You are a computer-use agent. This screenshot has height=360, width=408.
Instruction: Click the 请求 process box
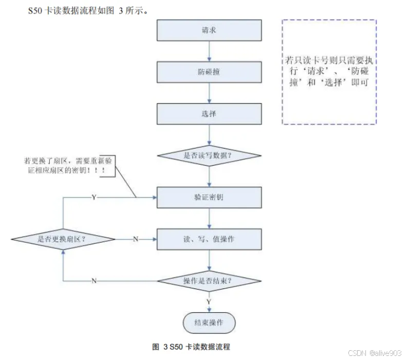pos(209,30)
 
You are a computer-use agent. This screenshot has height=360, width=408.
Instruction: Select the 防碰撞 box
pos(209,72)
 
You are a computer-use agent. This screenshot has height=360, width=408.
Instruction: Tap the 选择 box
pos(209,114)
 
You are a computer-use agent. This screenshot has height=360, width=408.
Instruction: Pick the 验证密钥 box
pos(209,197)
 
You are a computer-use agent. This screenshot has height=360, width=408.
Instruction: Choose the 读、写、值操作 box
pos(209,239)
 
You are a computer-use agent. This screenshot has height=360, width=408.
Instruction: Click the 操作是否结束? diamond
pos(209,281)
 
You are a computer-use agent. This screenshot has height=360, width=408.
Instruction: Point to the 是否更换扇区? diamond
pos(62,239)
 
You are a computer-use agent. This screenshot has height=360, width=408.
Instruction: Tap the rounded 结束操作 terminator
pos(209,323)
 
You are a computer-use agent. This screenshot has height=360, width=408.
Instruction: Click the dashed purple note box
pos(329,72)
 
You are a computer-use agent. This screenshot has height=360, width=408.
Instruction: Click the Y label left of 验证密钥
pos(94,197)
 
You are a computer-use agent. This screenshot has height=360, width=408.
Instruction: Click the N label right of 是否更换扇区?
pos(136,239)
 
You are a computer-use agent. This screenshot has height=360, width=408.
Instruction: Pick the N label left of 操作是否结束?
pos(94,281)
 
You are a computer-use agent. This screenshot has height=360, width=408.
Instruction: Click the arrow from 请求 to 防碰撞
pos(209,51)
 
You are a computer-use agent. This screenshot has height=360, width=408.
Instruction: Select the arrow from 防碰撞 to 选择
pos(209,93)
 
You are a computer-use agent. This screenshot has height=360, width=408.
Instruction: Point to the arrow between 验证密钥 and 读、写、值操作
pos(209,218)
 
